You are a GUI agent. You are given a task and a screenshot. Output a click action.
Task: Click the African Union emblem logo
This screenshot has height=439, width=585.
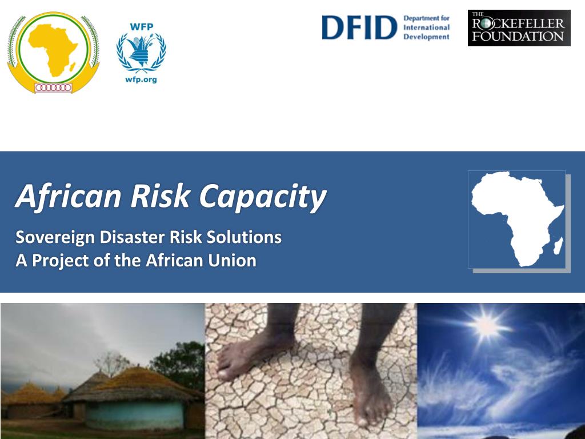(53, 53)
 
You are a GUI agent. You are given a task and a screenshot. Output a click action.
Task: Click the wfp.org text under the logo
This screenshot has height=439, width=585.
(141, 79)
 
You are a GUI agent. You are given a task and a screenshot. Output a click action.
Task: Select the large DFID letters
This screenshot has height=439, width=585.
(359, 27)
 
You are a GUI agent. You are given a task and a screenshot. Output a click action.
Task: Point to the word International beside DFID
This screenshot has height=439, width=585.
(426, 27)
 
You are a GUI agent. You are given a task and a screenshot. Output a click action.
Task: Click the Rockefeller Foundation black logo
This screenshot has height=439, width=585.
(519, 28)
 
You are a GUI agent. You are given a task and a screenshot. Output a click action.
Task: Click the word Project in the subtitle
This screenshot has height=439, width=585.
(59, 261)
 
